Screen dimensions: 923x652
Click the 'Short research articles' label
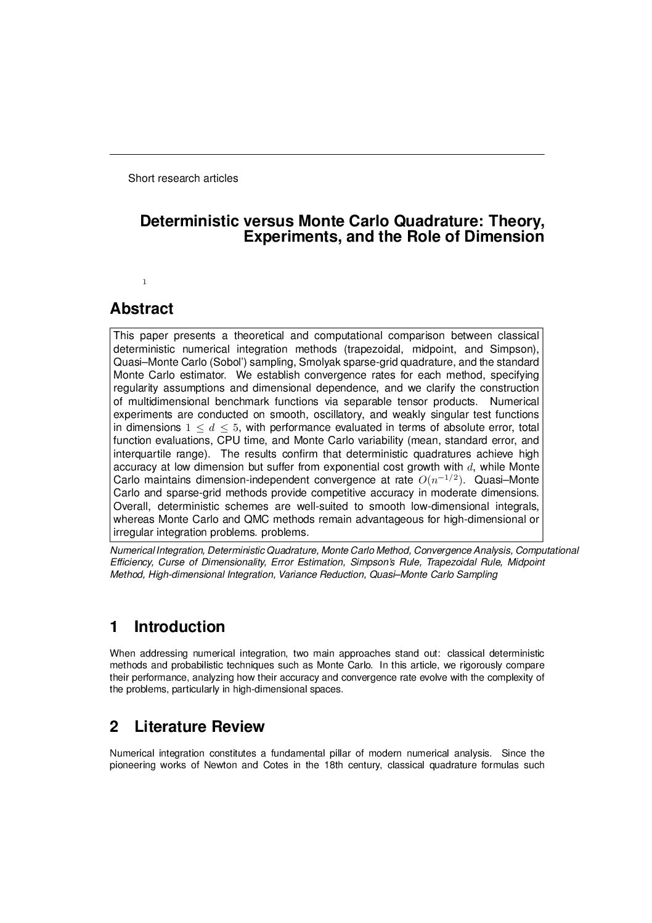[x=182, y=178]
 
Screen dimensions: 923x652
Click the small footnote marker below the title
[x=144, y=282]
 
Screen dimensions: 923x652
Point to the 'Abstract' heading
[x=141, y=308]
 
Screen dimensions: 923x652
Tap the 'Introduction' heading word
[x=179, y=627]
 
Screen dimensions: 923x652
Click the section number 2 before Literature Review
[x=114, y=727]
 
